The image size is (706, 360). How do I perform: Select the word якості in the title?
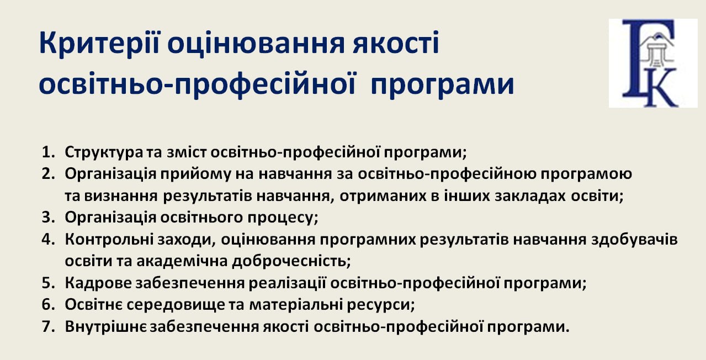(396, 43)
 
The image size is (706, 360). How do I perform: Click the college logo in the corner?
(653, 63)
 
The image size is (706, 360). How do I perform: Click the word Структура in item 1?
(104, 152)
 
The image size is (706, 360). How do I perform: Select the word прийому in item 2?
(196, 174)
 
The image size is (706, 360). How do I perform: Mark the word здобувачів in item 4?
(634, 240)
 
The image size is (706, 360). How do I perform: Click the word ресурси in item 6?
(381, 305)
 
